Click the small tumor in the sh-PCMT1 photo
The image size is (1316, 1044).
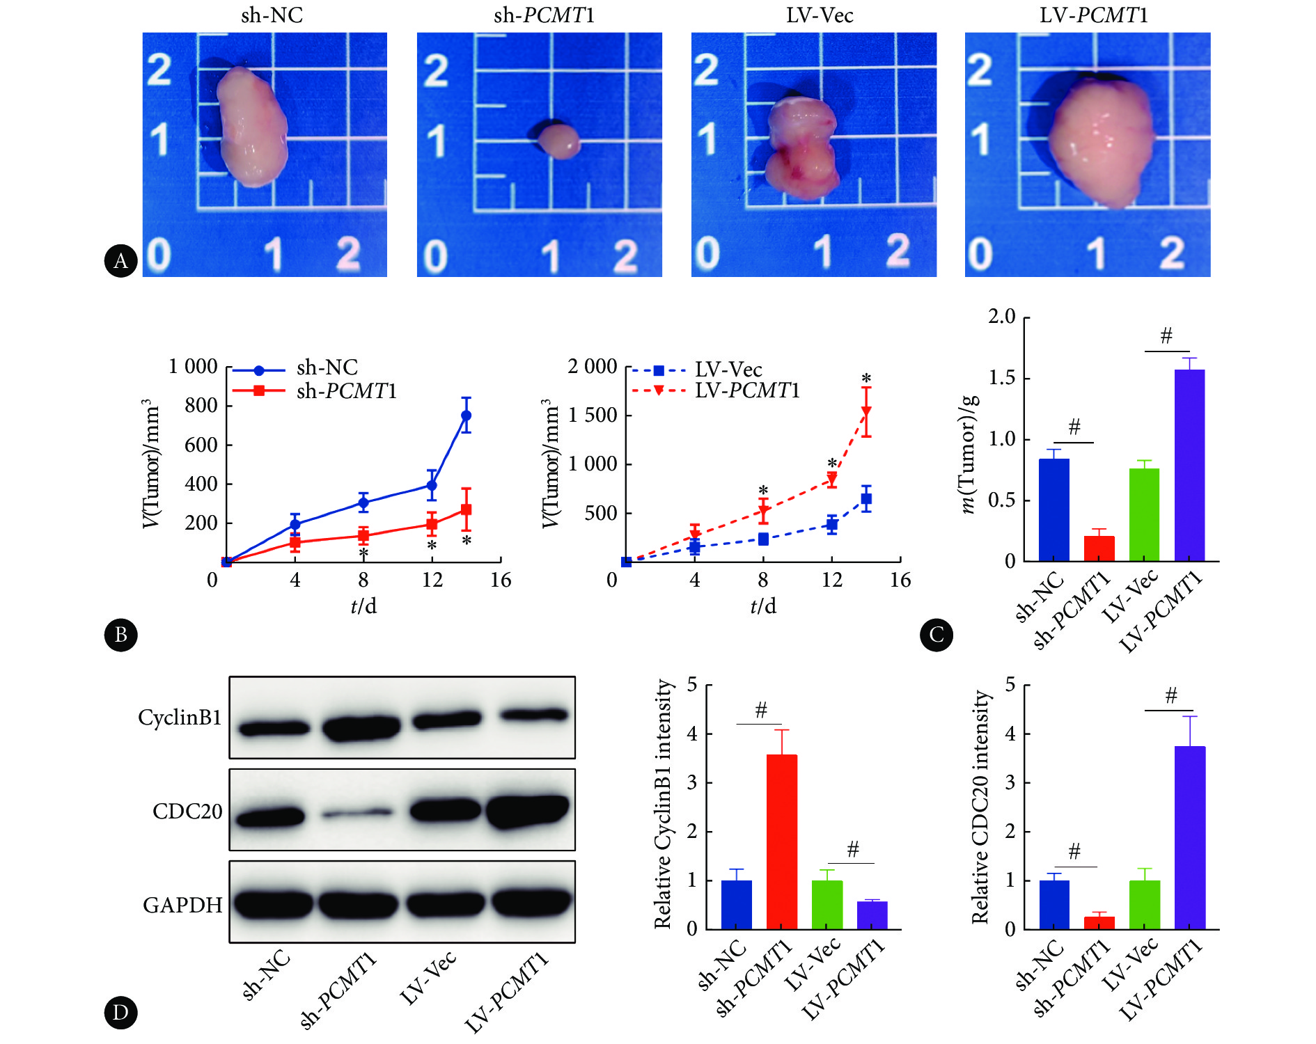pyautogui.click(x=558, y=140)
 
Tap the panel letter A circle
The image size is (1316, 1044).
pyautogui.click(x=120, y=261)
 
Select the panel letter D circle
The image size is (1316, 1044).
pyautogui.click(x=120, y=1012)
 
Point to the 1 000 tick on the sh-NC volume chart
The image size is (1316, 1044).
pyautogui.click(x=194, y=367)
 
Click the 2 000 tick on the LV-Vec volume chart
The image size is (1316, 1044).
pyautogui.click(x=593, y=367)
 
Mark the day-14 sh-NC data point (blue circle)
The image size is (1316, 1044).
pyautogui.click(x=466, y=416)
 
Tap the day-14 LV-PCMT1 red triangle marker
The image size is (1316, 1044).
pyautogui.click(x=866, y=412)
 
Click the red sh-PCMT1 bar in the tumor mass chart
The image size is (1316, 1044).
pyautogui.click(x=1099, y=548)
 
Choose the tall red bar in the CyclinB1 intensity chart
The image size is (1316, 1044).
pyautogui.click(x=781, y=841)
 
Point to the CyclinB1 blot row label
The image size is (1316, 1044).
pyautogui.click(x=180, y=718)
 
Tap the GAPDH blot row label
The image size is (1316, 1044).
pyautogui.click(x=182, y=905)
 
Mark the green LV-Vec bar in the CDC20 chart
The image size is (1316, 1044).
pyautogui.click(x=1144, y=904)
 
